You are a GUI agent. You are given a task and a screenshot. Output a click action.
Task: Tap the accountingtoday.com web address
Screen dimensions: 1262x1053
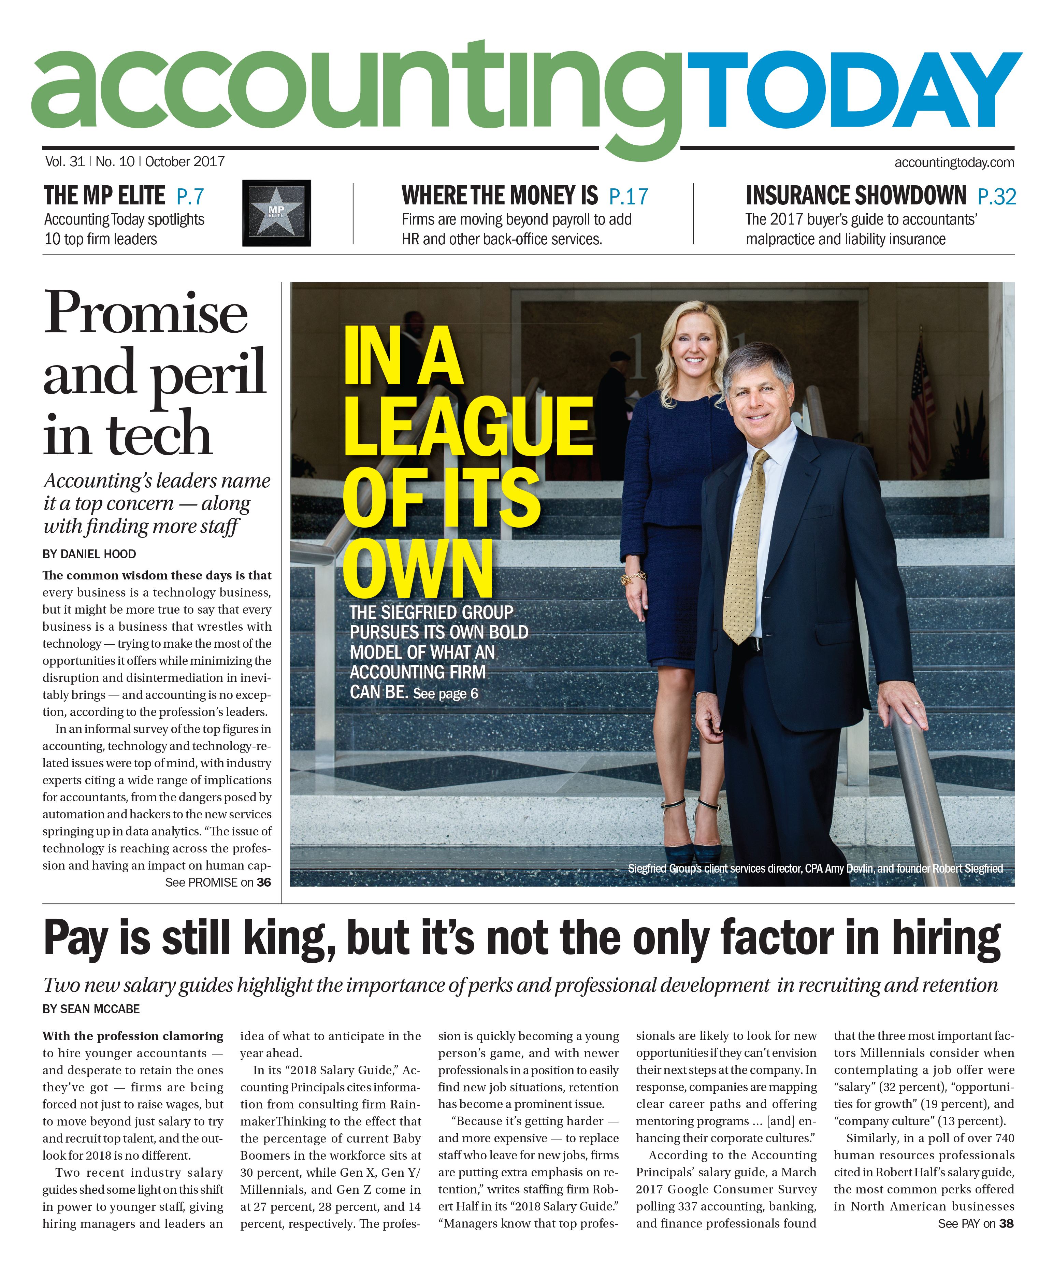pos(953,162)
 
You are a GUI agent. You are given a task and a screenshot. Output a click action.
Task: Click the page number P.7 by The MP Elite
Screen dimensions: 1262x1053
pos(190,197)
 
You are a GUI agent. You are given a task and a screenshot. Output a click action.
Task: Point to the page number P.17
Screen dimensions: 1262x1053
pos(628,197)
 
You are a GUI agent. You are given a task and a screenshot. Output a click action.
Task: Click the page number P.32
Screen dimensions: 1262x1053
pos(996,197)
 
